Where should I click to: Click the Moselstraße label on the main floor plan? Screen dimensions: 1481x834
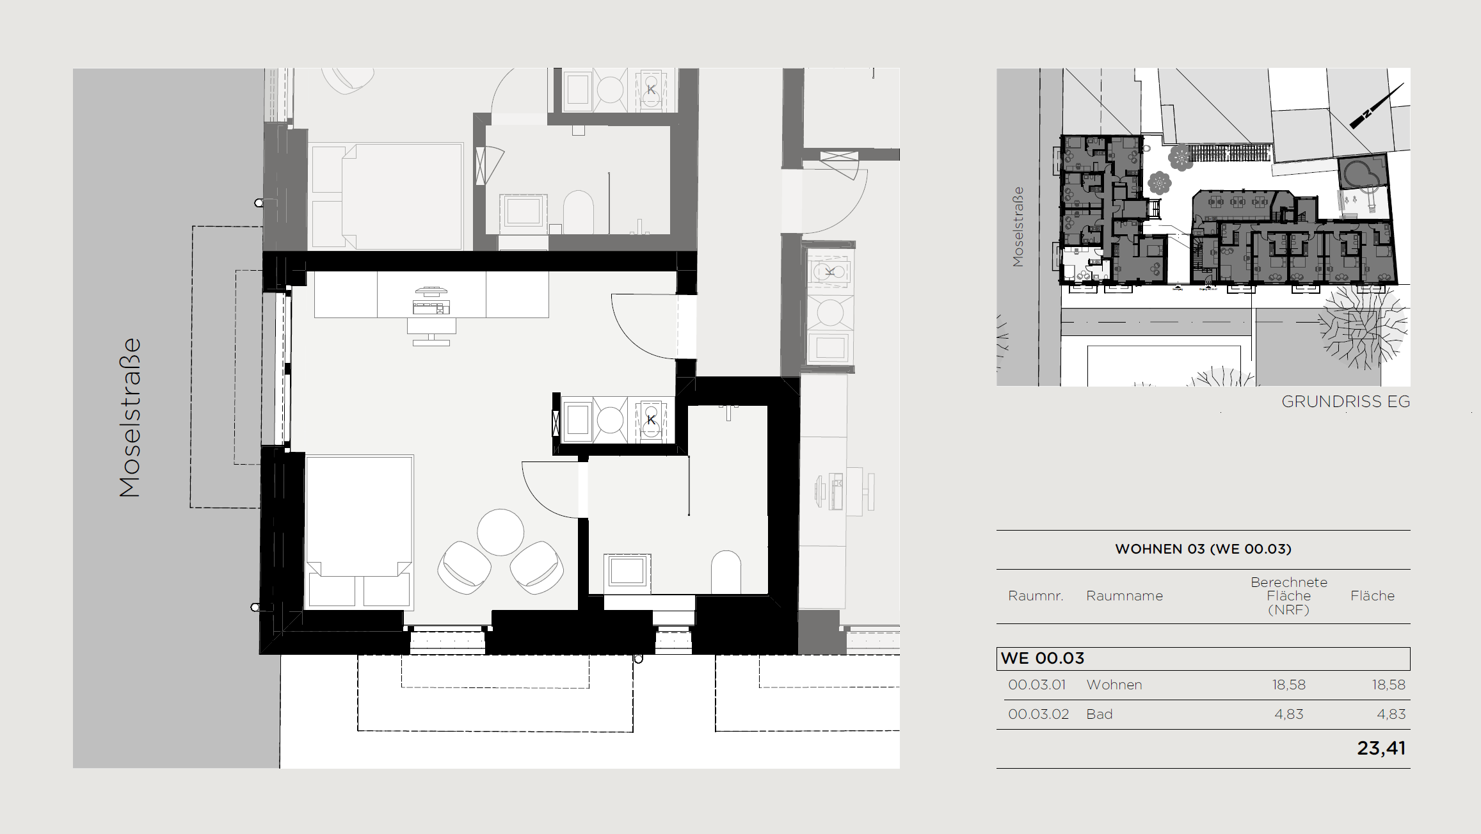tap(130, 417)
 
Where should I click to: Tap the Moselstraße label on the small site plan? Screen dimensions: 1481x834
tap(1018, 227)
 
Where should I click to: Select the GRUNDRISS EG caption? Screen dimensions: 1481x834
tap(1345, 401)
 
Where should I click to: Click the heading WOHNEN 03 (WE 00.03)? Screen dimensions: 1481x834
tap(1203, 549)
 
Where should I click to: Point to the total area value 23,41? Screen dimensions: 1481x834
tap(1381, 748)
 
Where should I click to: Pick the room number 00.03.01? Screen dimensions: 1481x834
tap(1037, 684)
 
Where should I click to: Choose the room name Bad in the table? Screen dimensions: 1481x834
tap(1099, 714)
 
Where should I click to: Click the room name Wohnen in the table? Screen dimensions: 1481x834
tap(1114, 684)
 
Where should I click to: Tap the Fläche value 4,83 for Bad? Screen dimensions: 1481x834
tap(1391, 714)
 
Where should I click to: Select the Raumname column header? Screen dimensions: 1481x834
tap(1124, 596)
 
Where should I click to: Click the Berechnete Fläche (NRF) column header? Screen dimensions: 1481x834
tap(1288, 596)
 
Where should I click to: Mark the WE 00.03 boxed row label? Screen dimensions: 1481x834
tap(1043, 658)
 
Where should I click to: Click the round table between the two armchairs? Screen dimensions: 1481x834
tap(500, 532)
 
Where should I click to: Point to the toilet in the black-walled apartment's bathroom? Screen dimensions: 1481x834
tap(726, 572)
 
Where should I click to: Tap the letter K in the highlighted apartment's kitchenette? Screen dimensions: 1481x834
tap(651, 420)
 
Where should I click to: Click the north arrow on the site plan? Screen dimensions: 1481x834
tap(1377, 106)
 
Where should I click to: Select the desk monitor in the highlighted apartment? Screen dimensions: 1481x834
tap(431, 291)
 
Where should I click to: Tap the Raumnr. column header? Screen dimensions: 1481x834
tap(1036, 596)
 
